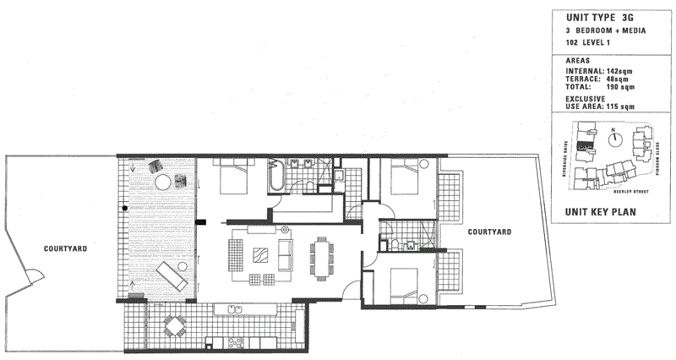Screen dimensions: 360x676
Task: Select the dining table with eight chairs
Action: tap(321, 257)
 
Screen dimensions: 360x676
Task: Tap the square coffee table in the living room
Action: tap(261, 253)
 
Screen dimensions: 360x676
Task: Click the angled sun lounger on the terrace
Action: tap(173, 275)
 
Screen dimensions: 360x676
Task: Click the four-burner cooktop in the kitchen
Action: tap(235, 343)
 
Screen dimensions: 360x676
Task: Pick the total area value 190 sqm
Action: tap(623, 86)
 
